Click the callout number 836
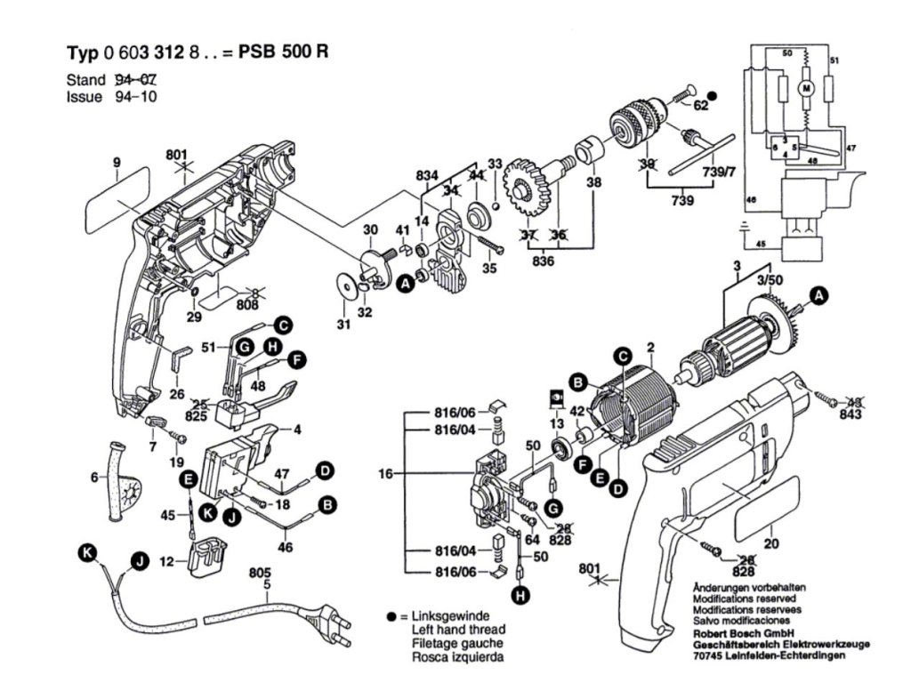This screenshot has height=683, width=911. pyautogui.click(x=541, y=261)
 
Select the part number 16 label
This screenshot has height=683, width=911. pyautogui.click(x=385, y=476)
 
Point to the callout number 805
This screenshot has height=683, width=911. pyautogui.click(x=259, y=575)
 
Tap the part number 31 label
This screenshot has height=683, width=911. pyautogui.click(x=343, y=325)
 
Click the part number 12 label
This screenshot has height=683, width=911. pyautogui.click(x=165, y=561)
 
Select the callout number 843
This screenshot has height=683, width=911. pyautogui.click(x=851, y=416)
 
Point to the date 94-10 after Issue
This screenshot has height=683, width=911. pyautogui.click(x=136, y=97)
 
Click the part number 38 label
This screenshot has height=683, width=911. pyautogui.click(x=594, y=183)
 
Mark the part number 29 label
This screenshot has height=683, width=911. pyautogui.click(x=195, y=317)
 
